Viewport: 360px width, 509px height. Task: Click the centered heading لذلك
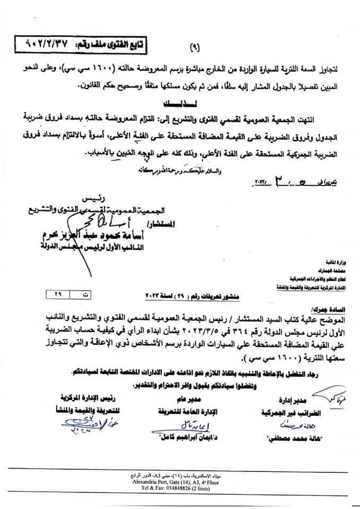(182, 100)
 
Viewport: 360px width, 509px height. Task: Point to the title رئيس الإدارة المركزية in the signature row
(80, 398)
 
